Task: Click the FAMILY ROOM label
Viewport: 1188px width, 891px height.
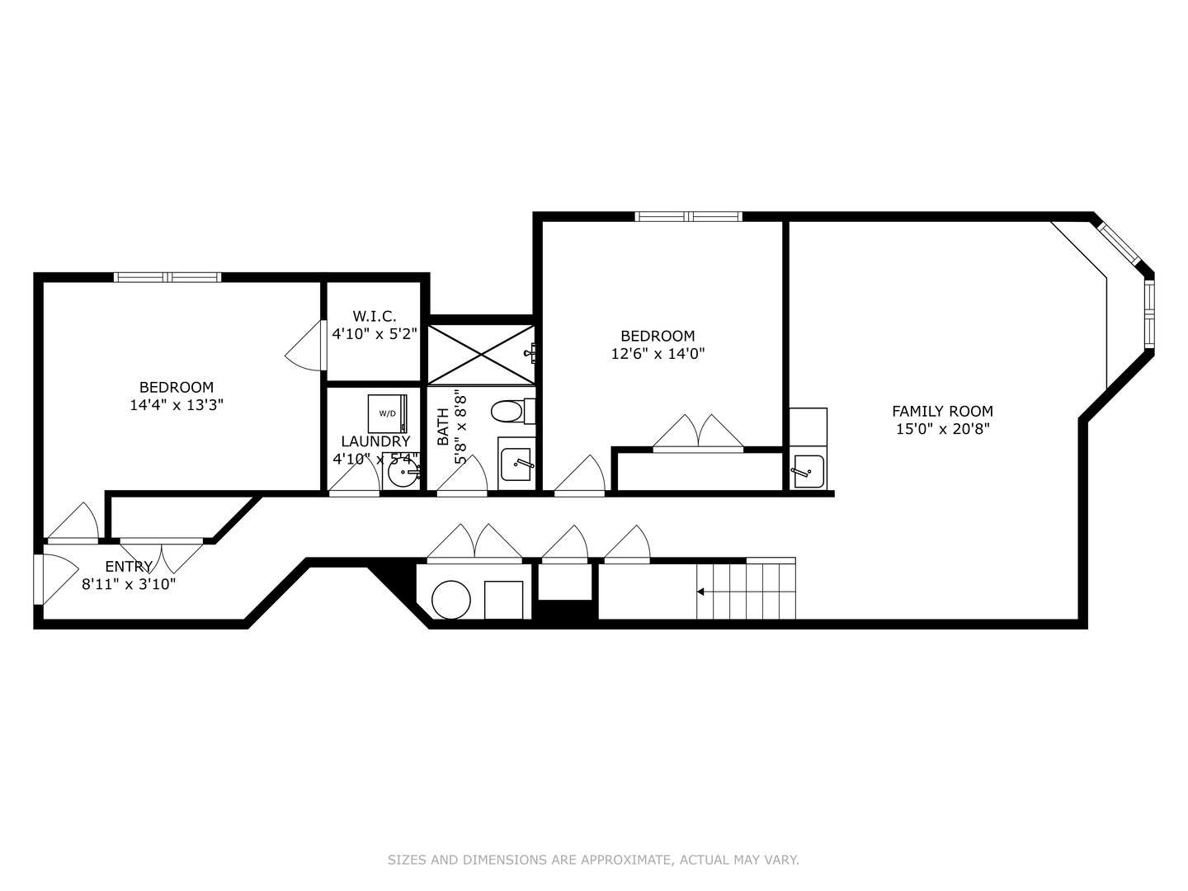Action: pyautogui.click(x=942, y=411)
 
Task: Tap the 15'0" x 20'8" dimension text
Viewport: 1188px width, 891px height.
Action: pyautogui.click(x=942, y=429)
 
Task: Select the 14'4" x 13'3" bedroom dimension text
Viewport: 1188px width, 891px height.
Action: pyautogui.click(x=177, y=405)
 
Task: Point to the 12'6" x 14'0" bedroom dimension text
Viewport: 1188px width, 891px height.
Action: pyautogui.click(x=658, y=354)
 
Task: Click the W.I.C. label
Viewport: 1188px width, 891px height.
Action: pyautogui.click(x=375, y=316)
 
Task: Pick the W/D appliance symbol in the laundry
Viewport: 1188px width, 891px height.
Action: pyautogui.click(x=387, y=413)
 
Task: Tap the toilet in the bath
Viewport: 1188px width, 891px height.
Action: pyautogui.click(x=511, y=410)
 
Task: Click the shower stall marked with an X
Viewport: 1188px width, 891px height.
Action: pyautogui.click(x=481, y=354)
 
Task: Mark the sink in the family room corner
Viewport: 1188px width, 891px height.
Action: pyautogui.click(x=808, y=472)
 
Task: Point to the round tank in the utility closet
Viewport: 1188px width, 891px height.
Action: pyautogui.click(x=451, y=600)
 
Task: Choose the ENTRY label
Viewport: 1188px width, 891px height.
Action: pyautogui.click(x=129, y=567)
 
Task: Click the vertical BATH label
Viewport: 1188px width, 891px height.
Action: pyautogui.click(x=443, y=427)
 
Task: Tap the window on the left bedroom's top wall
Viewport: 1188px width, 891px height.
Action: pyautogui.click(x=167, y=277)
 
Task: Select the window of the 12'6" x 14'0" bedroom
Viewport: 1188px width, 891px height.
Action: pyautogui.click(x=688, y=217)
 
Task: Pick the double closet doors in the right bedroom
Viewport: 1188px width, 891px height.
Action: pyautogui.click(x=698, y=434)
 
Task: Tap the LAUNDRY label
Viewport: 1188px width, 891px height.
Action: pyautogui.click(x=375, y=441)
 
